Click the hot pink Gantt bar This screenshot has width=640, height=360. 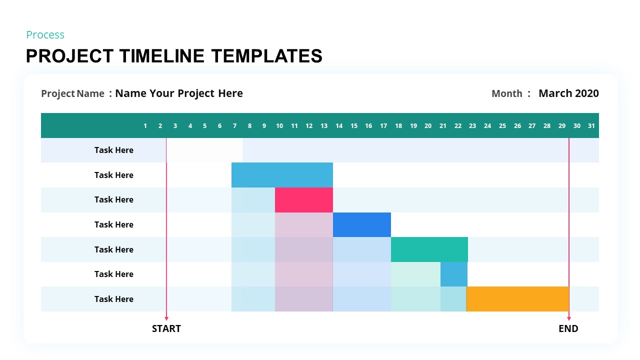(303, 199)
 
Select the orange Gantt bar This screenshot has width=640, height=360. (517, 299)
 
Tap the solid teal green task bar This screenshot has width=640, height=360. (429, 249)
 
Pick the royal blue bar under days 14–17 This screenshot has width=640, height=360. (361, 224)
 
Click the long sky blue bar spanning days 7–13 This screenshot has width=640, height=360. (282, 174)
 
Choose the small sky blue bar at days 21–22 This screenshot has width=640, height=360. (453, 274)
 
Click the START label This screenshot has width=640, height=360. (166, 328)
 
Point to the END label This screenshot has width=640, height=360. (568, 328)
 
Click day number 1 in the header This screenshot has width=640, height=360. (145, 126)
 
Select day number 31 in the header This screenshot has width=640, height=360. (591, 126)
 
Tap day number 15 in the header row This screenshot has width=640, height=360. (354, 126)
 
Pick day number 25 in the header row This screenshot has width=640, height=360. (502, 126)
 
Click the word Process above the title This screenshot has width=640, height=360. (45, 35)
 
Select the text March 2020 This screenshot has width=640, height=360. (568, 93)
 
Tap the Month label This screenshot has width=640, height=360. (507, 93)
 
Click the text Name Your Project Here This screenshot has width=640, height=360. (179, 93)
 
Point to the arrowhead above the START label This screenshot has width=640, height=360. (166, 318)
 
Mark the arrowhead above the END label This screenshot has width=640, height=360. (569, 318)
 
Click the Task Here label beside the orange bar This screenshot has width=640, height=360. (114, 299)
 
